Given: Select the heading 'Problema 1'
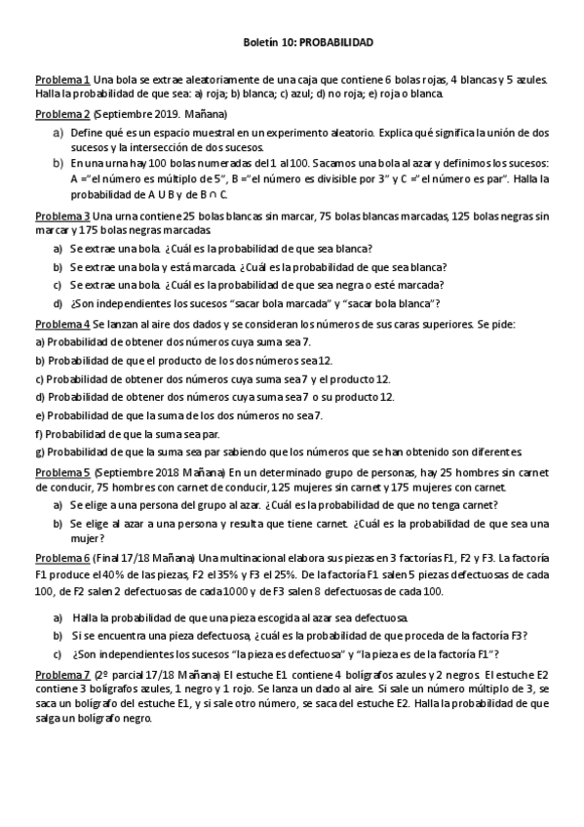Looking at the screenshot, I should [x=63, y=79].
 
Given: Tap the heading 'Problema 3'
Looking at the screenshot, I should [x=63, y=216].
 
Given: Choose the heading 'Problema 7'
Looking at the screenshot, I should [x=63, y=675].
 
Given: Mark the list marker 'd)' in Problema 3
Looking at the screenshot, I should [x=58, y=302].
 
